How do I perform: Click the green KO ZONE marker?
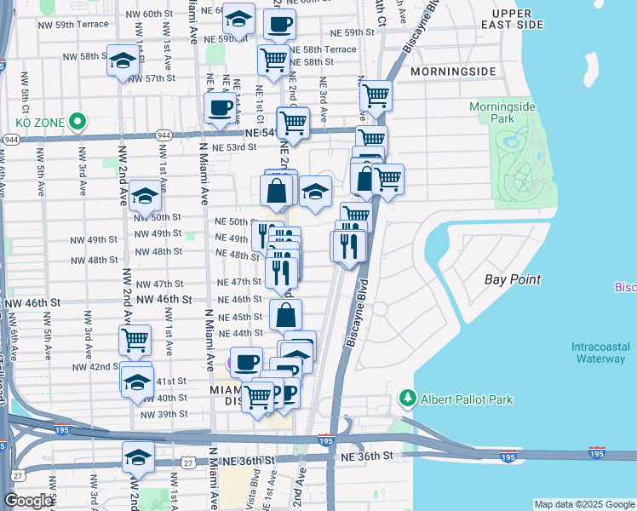tap(77, 122)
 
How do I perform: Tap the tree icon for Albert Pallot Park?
tap(408, 399)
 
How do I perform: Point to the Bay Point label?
tap(513, 279)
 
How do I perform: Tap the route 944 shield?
tap(11, 139)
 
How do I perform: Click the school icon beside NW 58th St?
tap(123, 61)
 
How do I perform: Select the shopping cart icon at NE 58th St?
tap(273, 60)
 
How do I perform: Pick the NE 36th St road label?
tap(364, 457)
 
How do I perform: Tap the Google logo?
tap(28, 501)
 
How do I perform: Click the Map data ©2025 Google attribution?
tap(584, 504)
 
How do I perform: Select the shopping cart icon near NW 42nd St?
tap(135, 340)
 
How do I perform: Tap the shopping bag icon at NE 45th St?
tap(286, 315)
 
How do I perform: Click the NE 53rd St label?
tap(234, 147)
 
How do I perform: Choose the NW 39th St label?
tap(164, 414)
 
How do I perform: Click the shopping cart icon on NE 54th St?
tap(294, 122)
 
